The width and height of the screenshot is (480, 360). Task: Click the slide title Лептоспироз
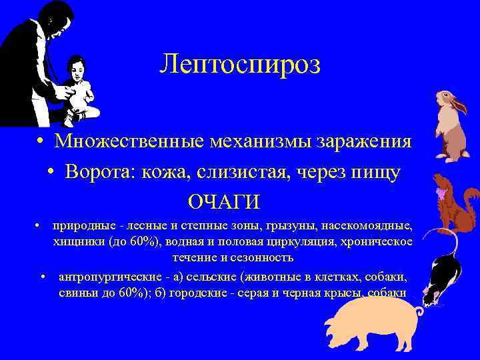[240, 65]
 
